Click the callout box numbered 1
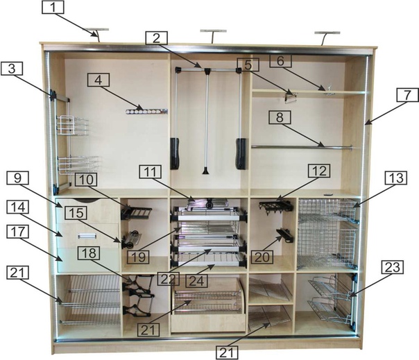click(53, 7)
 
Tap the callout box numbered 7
click(407, 95)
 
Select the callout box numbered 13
click(396, 178)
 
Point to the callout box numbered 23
click(393, 268)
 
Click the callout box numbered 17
click(17, 232)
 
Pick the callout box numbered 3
click(12, 69)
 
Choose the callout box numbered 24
click(196, 281)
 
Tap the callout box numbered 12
click(319, 171)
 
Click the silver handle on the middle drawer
click(87, 235)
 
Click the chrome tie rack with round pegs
click(146, 111)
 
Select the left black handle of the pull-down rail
click(175, 153)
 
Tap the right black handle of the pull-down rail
click(241, 153)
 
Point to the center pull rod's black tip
click(205, 171)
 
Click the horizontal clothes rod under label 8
click(302, 147)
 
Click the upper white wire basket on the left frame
click(72, 126)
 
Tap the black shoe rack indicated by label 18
click(138, 295)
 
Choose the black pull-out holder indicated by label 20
click(285, 236)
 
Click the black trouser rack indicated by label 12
click(276, 207)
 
